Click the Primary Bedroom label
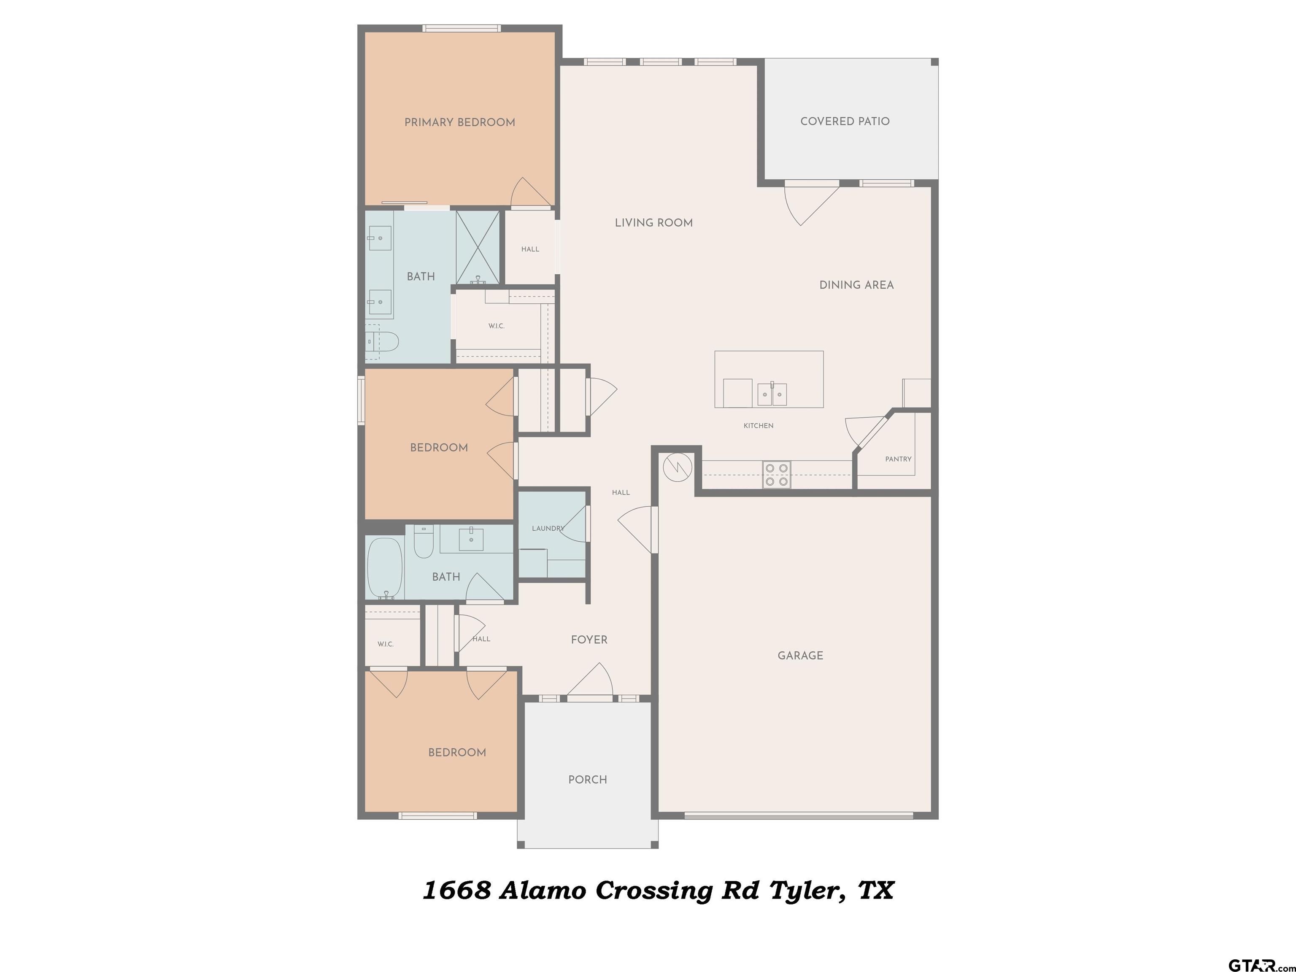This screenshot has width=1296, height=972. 459,122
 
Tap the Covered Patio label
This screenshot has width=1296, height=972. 845,121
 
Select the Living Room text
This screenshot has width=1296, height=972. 654,223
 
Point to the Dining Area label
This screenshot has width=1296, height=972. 856,285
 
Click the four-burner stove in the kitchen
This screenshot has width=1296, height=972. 776,475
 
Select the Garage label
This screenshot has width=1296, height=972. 800,656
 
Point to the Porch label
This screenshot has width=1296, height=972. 588,780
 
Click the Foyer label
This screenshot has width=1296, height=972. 589,640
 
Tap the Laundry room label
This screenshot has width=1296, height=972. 548,529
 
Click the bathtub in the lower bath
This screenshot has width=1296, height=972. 384,568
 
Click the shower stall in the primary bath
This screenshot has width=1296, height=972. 478,248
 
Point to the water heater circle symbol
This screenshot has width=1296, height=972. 677,467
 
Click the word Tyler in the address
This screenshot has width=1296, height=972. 807,891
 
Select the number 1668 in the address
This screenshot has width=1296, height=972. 457,891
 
